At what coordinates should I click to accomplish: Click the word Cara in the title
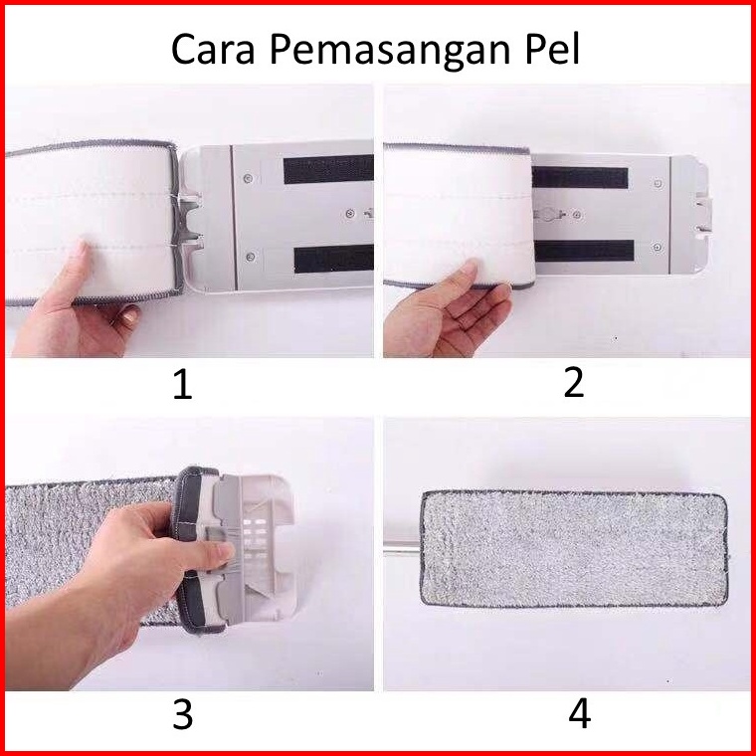tap(213, 49)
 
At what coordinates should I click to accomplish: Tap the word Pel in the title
tap(552, 49)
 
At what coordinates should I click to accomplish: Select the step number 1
tap(183, 386)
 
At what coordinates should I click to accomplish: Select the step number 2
tap(574, 383)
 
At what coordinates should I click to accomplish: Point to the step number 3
tap(183, 714)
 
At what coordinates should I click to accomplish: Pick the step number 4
tap(580, 713)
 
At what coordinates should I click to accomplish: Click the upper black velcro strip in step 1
tap(328, 169)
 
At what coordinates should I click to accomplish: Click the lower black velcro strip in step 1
tap(333, 259)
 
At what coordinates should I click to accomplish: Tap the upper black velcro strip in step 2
tap(581, 177)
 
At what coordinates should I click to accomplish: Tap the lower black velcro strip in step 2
tap(584, 251)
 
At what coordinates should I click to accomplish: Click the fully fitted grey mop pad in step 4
tap(574, 549)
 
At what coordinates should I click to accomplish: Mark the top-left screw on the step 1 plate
tap(248, 178)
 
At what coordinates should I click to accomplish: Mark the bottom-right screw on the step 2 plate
tap(657, 248)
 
